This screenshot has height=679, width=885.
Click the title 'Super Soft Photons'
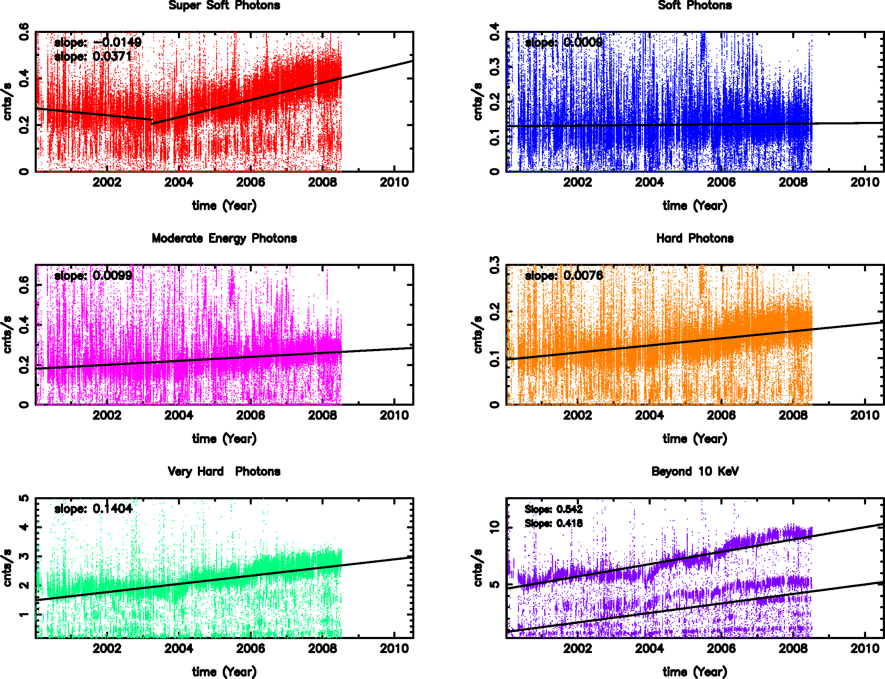click(x=224, y=6)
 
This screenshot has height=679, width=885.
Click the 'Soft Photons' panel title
click(x=695, y=6)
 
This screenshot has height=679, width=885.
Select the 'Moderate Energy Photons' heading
click(x=224, y=239)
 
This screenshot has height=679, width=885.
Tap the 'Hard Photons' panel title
click(x=695, y=239)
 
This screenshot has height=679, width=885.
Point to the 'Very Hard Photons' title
click(x=224, y=471)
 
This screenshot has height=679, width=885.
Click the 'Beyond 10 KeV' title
click(x=695, y=471)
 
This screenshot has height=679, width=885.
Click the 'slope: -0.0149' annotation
click(x=98, y=42)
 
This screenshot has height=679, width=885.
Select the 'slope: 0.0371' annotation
click(x=93, y=57)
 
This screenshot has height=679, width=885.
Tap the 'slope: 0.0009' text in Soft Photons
click(x=564, y=42)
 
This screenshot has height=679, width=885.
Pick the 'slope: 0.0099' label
click(x=93, y=276)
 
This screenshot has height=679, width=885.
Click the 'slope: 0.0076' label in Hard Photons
click(x=564, y=276)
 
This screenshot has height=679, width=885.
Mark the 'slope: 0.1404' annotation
click(x=93, y=508)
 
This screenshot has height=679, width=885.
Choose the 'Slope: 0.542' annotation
click(x=553, y=509)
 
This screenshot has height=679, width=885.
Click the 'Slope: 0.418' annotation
click(x=553, y=523)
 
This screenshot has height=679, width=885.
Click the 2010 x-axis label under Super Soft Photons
click(x=394, y=183)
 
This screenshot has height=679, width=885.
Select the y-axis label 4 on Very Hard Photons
click(x=24, y=527)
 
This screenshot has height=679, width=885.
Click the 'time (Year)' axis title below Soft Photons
click(x=695, y=206)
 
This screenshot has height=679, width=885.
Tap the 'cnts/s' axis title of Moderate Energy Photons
click(x=7, y=335)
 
